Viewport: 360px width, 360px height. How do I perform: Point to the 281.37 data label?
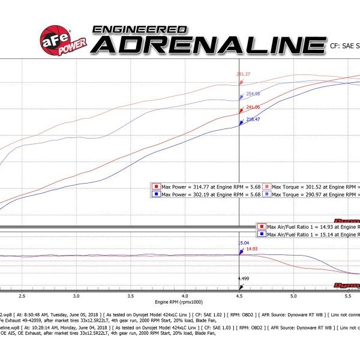click(x=244, y=74)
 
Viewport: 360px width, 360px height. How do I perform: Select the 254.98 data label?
click(x=253, y=94)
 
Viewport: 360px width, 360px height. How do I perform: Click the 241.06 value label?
click(x=253, y=107)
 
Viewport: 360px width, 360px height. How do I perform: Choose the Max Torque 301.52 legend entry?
click(x=311, y=187)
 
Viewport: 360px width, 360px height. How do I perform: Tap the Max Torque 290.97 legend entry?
click(x=311, y=194)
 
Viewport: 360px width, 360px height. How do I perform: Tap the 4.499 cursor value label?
click(x=243, y=279)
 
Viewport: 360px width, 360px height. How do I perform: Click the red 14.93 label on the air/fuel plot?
click(x=251, y=248)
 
